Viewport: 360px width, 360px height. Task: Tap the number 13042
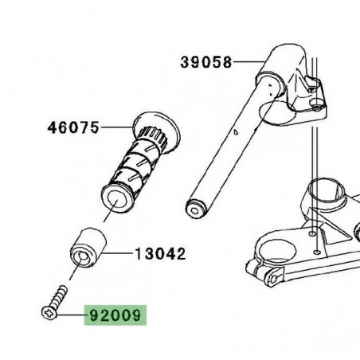[160, 255]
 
